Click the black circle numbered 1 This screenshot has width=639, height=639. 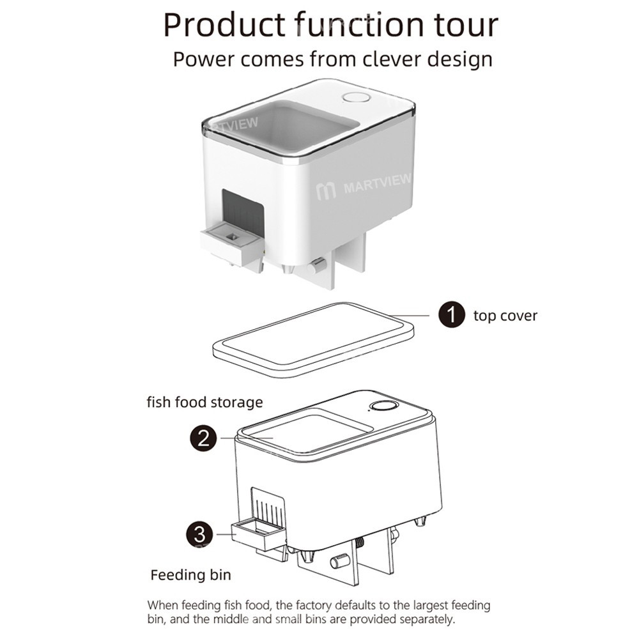(x=451, y=315)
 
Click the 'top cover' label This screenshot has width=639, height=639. (x=505, y=315)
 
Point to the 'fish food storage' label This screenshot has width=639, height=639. (x=204, y=402)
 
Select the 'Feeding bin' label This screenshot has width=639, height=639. (x=190, y=574)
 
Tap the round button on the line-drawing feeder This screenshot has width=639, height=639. (x=383, y=406)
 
